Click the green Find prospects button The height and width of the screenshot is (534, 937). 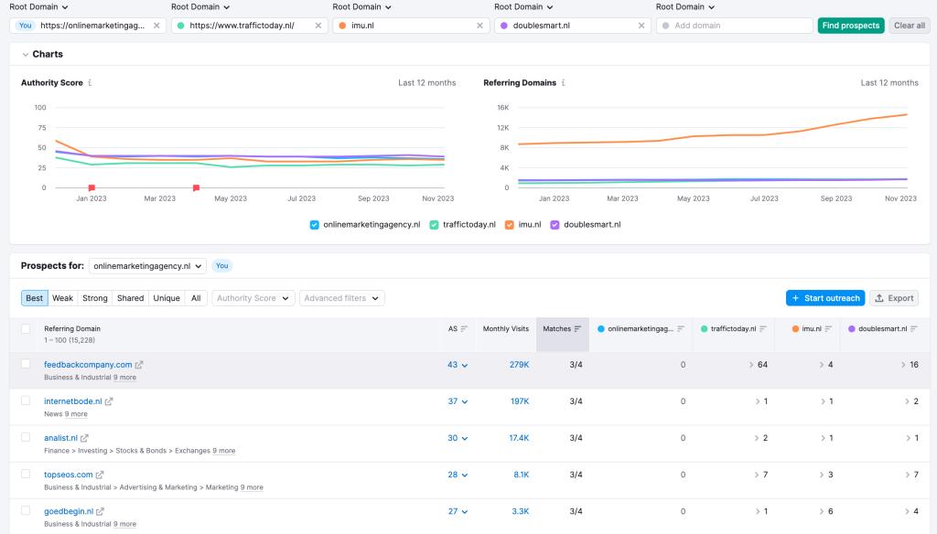[x=850, y=26]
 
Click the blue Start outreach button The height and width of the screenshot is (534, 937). [x=824, y=298]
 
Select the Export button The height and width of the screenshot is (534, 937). [x=893, y=298]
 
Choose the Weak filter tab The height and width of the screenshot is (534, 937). [x=62, y=298]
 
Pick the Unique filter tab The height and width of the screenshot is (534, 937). [x=167, y=298]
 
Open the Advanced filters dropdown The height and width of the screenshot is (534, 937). [x=342, y=298]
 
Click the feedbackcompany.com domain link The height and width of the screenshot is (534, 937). [x=88, y=365]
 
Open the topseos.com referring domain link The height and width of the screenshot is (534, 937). [x=69, y=475]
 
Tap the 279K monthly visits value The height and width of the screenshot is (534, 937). [x=519, y=365]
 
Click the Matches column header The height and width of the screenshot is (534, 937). [x=556, y=328]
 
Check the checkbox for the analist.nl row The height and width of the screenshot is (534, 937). [x=26, y=437]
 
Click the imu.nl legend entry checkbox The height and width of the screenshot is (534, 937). [x=510, y=224]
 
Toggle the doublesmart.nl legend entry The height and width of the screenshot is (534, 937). [x=555, y=224]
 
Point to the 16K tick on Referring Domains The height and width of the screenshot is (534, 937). [x=502, y=108]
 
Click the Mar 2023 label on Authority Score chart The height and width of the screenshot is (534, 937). [x=160, y=198]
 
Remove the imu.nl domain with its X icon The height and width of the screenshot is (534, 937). [x=480, y=26]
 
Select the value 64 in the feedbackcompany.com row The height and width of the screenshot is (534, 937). [x=762, y=365]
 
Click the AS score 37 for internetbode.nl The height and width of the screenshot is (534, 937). [x=452, y=401]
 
